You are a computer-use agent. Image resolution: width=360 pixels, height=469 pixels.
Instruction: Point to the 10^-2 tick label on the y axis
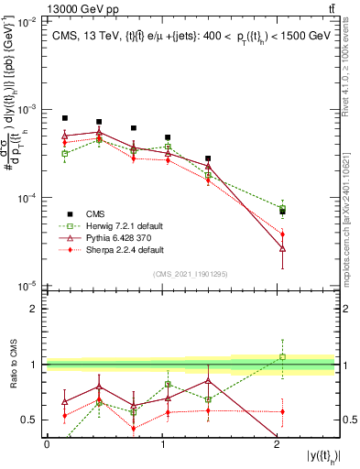pos(27,20)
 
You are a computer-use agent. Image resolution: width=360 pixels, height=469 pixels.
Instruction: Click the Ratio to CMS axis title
pos(14,365)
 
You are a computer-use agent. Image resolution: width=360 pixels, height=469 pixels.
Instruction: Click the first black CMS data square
pos(65,118)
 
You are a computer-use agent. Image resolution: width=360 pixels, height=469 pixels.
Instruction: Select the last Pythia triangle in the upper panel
pos(282,248)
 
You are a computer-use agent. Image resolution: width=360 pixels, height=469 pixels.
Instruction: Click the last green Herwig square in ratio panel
pos(282,357)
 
